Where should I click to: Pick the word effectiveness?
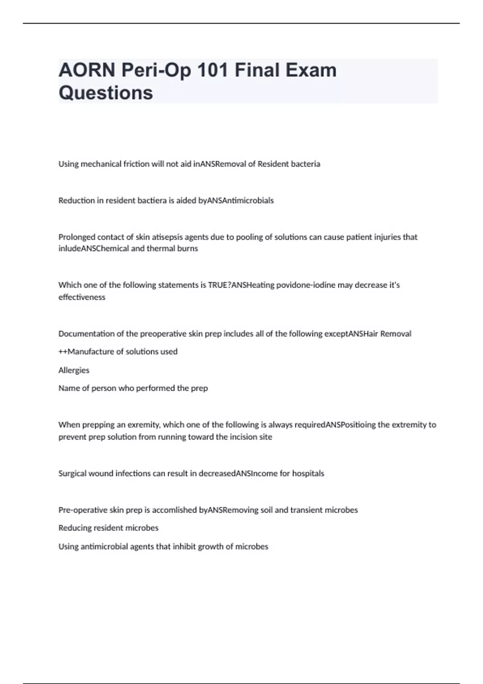[x=82, y=297]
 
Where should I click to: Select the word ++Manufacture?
[x=86, y=352]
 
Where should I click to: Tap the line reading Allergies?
[x=74, y=370]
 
